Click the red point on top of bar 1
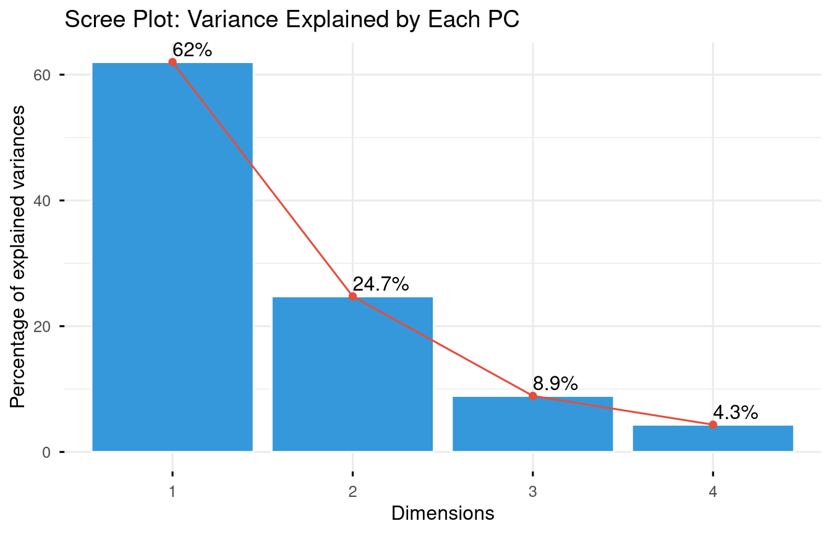coord(172,62)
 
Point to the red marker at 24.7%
coord(352,297)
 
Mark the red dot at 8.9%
coord(532,396)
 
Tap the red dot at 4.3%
coord(713,425)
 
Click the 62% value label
coord(192,50)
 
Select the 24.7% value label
coord(381,284)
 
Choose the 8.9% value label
coord(555,384)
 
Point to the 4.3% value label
coord(736,412)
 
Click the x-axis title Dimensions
coord(443,513)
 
